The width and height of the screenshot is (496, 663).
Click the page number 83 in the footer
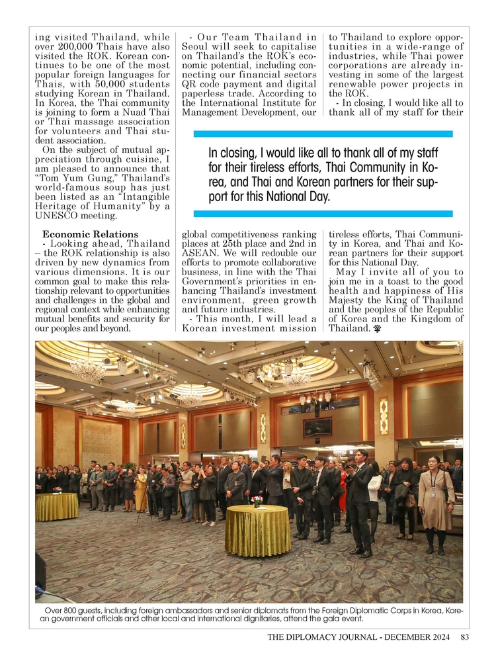coord(464,638)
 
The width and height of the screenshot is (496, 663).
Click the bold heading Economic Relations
coord(91,234)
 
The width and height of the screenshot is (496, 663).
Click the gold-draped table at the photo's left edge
coord(57,506)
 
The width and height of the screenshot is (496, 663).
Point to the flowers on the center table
coord(257,500)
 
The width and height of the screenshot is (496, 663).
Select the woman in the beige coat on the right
coord(435,503)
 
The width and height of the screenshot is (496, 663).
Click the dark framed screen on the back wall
coord(318,427)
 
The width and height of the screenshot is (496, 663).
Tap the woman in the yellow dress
coord(140,490)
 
